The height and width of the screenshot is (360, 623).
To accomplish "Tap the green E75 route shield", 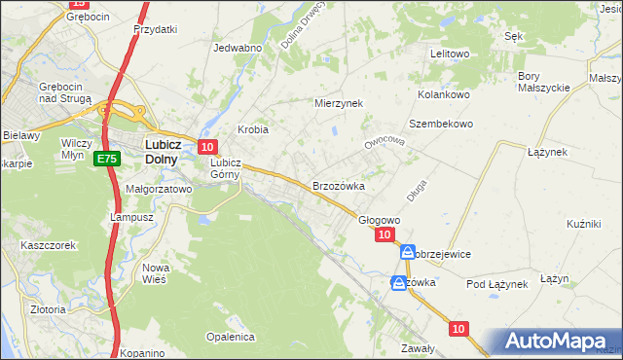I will click(x=107, y=159).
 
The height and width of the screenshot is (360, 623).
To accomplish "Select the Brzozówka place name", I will click(x=338, y=185).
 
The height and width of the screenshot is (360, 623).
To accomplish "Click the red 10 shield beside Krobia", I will click(x=206, y=146).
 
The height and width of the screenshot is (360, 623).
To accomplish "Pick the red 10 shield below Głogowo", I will click(x=385, y=234).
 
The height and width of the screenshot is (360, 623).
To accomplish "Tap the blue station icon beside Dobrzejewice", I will click(x=408, y=251).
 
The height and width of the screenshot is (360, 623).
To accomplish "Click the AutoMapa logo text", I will click(x=558, y=342).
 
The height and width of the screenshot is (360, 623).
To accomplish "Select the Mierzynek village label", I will click(x=338, y=102).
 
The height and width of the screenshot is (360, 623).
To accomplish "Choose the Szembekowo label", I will click(x=440, y=124).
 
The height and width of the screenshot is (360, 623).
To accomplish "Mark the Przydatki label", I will click(x=155, y=29).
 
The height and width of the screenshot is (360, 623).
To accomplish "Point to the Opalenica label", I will click(x=230, y=337).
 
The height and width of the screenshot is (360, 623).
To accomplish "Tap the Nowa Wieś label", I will click(x=156, y=272).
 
